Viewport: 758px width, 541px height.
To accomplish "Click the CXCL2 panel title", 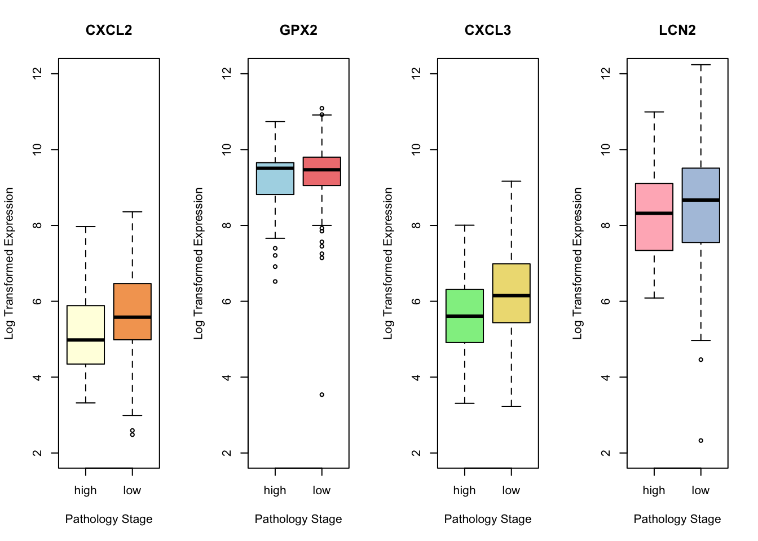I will pos(109,30).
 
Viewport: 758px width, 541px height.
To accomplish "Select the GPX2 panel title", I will pos(298,30).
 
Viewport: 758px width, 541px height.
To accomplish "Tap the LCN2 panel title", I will pos(677,30).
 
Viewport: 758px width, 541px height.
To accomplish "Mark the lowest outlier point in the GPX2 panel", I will pos(322,394).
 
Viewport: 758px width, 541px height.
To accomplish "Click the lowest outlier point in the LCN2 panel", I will pos(701,441).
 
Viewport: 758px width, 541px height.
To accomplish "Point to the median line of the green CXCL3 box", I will pos(465,316).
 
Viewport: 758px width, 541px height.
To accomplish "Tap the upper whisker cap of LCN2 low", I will pos(701,65).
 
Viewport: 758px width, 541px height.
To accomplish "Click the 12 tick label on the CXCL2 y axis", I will pos(37,74).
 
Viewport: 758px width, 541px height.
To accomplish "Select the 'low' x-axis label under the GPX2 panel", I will pos(321,491).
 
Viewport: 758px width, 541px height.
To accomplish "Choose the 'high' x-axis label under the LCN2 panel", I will pos(654,491).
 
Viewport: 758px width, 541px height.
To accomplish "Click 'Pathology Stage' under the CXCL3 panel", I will pos(488,519).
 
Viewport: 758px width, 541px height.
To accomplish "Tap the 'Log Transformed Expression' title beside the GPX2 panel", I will pos(199,263).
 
